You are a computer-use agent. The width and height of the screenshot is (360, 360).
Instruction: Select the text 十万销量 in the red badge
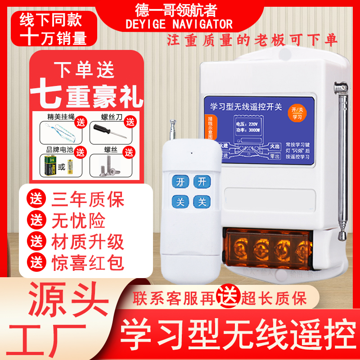53,38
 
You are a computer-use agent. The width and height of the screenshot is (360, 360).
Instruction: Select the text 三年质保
88,199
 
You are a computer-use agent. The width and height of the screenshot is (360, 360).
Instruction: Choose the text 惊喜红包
88,262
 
